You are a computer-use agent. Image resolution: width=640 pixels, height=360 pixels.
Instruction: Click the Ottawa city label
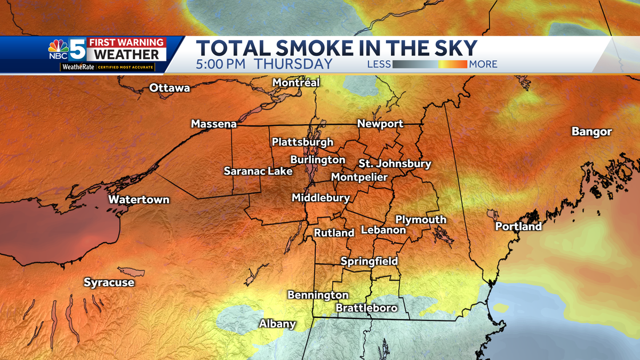coord(170,88)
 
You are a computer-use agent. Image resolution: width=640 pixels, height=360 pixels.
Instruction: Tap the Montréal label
coord(296,83)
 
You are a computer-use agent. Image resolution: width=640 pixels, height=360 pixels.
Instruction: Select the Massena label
coord(214,124)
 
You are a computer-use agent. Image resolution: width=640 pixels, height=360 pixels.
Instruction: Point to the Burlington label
coord(318,159)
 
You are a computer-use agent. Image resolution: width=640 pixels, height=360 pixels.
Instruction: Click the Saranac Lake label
coord(258,171)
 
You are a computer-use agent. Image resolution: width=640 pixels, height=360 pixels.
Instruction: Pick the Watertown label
coord(139,200)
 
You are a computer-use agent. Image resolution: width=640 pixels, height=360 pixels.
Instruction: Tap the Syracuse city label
coord(109,283)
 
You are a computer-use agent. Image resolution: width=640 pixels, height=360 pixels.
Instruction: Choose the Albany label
coord(277,324)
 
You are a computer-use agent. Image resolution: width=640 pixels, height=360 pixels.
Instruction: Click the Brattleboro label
coord(366,308)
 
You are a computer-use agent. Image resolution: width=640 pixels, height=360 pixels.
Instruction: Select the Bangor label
coord(591,131)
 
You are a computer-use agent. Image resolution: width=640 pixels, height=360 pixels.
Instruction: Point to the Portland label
coord(518,227)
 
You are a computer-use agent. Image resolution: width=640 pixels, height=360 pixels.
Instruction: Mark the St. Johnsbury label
coord(395,164)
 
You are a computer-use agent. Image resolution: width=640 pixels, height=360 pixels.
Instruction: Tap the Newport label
coord(380,124)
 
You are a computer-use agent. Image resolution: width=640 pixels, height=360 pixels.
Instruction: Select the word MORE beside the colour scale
coord(483,65)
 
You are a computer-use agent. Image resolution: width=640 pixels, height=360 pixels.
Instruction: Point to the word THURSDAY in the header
coord(293,64)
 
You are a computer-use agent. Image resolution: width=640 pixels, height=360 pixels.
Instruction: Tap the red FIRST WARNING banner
coord(126,42)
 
